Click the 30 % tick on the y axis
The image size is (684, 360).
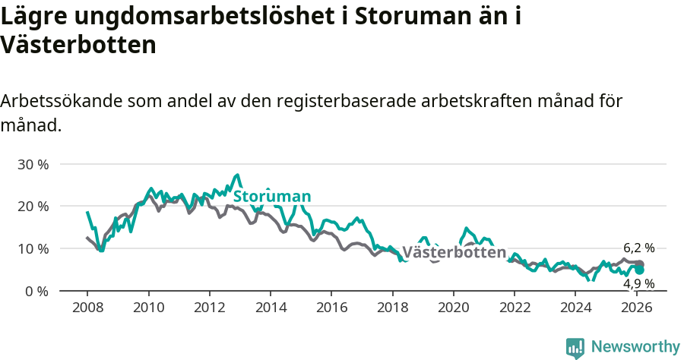pyautogui.click(x=33, y=164)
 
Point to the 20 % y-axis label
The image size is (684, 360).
pyautogui.click(x=33, y=206)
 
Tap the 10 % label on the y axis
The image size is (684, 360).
pyautogui.click(x=33, y=248)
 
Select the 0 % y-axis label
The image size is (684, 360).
pyautogui.click(x=36, y=291)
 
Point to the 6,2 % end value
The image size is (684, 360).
pyautogui.click(x=638, y=248)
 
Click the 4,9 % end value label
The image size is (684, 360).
pyautogui.click(x=638, y=283)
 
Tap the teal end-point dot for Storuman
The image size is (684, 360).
pyautogui.click(x=640, y=270)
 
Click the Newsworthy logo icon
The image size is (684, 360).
pyautogui.click(x=575, y=347)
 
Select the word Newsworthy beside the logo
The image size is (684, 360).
pyautogui.click(x=635, y=347)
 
